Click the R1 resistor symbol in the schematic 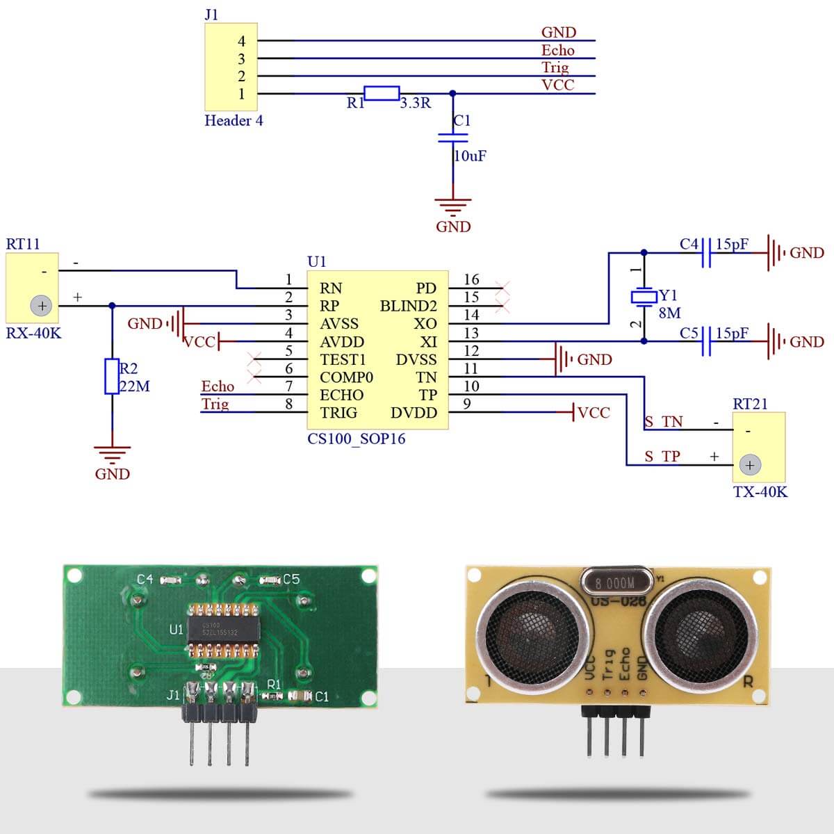pos(382,93)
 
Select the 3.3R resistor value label pos(416,103)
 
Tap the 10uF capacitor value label pos(471,156)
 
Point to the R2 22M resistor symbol pos(112,376)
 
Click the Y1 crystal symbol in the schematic pos(644,297)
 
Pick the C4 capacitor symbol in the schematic pos(707,252)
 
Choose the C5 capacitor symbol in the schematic pos(707,341)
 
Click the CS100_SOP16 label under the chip pos(356,439)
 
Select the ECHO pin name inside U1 pos(341,395)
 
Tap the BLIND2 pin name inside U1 pos(408,306)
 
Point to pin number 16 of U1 pos(471,279)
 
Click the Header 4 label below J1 pos(234,120)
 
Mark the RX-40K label pos(33,333)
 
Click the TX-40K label pos(760,492)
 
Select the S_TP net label pos(662,457)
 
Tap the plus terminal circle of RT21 pos(750,465)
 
